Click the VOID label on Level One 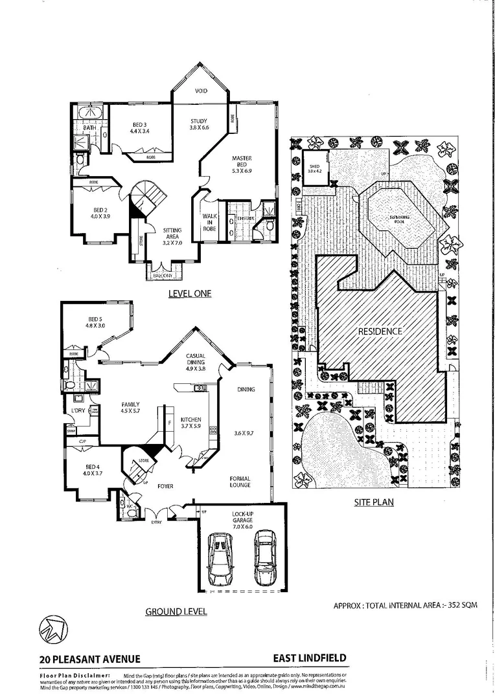[201, 91]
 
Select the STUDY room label [199, 121]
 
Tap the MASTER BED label [242, 159]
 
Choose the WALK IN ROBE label [209, 222]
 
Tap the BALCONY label [163, 276]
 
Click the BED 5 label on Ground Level [95, 318]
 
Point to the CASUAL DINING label [196, 356]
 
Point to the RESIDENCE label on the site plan [380, 331]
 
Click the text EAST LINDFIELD [309, 658]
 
